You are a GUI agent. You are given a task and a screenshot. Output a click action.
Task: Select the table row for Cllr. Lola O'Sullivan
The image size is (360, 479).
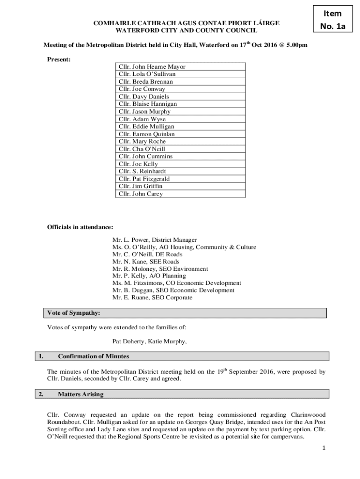[180, 74]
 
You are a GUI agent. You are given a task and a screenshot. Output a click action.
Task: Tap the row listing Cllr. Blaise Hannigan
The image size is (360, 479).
[180, 104]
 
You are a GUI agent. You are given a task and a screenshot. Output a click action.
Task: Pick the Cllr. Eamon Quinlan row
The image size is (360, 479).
[180, 134]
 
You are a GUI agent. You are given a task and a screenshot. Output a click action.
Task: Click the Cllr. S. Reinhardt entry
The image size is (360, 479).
[180, 171]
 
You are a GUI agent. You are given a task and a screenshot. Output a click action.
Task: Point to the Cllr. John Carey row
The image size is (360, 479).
[180, 194]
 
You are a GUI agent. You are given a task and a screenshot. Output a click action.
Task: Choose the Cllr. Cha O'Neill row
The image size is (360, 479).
[180, 149]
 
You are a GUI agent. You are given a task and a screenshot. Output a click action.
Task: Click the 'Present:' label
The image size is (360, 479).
[58, 59]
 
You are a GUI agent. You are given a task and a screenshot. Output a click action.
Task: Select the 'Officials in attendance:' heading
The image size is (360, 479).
[80, 227]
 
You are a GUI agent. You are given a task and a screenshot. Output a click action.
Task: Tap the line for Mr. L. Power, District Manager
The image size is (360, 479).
[154, 240]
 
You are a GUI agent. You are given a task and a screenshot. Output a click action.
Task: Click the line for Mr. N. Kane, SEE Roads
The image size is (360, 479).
[145, 262]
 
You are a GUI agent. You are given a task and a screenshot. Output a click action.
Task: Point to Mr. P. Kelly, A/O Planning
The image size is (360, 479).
[149, 276]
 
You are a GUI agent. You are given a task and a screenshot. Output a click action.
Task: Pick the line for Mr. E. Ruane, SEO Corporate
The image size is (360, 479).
[152, 298]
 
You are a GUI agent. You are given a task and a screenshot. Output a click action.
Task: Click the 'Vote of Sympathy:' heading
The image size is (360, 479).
[73, 312]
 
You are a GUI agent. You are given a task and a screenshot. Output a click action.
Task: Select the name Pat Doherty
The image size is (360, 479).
[128, 341]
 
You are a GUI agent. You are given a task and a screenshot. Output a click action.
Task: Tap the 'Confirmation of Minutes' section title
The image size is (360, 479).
[94, 356]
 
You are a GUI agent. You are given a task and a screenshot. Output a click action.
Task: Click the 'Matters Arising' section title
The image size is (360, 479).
[81, 394]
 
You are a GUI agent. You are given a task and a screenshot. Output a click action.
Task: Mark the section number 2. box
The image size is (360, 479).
[41, 394]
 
